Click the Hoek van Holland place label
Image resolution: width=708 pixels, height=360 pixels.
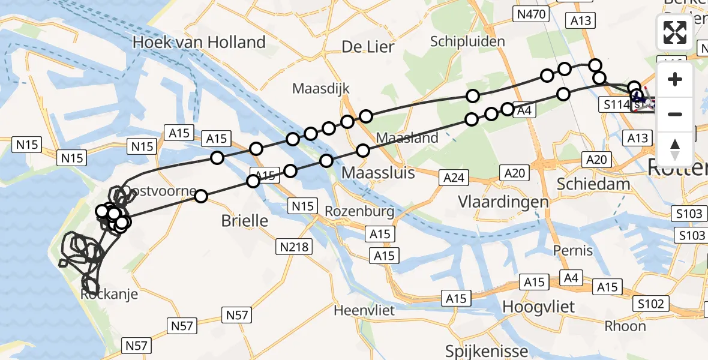[199, 42]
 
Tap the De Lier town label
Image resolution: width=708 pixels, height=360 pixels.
[367, 46]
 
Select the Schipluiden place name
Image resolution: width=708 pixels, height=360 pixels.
[467, 41]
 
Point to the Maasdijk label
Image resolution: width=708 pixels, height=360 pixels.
[320, 88]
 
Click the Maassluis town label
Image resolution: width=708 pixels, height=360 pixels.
[378, 173]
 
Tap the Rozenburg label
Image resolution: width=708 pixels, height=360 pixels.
[359, 211]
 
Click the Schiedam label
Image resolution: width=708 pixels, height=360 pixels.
[593, 184]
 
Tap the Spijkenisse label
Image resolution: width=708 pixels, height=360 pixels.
[487, 351]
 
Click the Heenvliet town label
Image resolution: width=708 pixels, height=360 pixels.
[364, 310]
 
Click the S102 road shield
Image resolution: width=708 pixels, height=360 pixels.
[651, 304]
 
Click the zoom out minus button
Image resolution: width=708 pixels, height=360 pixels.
[675, 114]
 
